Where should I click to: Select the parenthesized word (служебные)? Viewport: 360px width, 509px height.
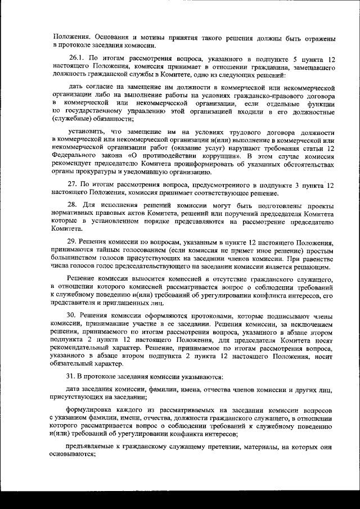tap(73, 119)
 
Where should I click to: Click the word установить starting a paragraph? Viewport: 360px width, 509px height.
tap(88, 131)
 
